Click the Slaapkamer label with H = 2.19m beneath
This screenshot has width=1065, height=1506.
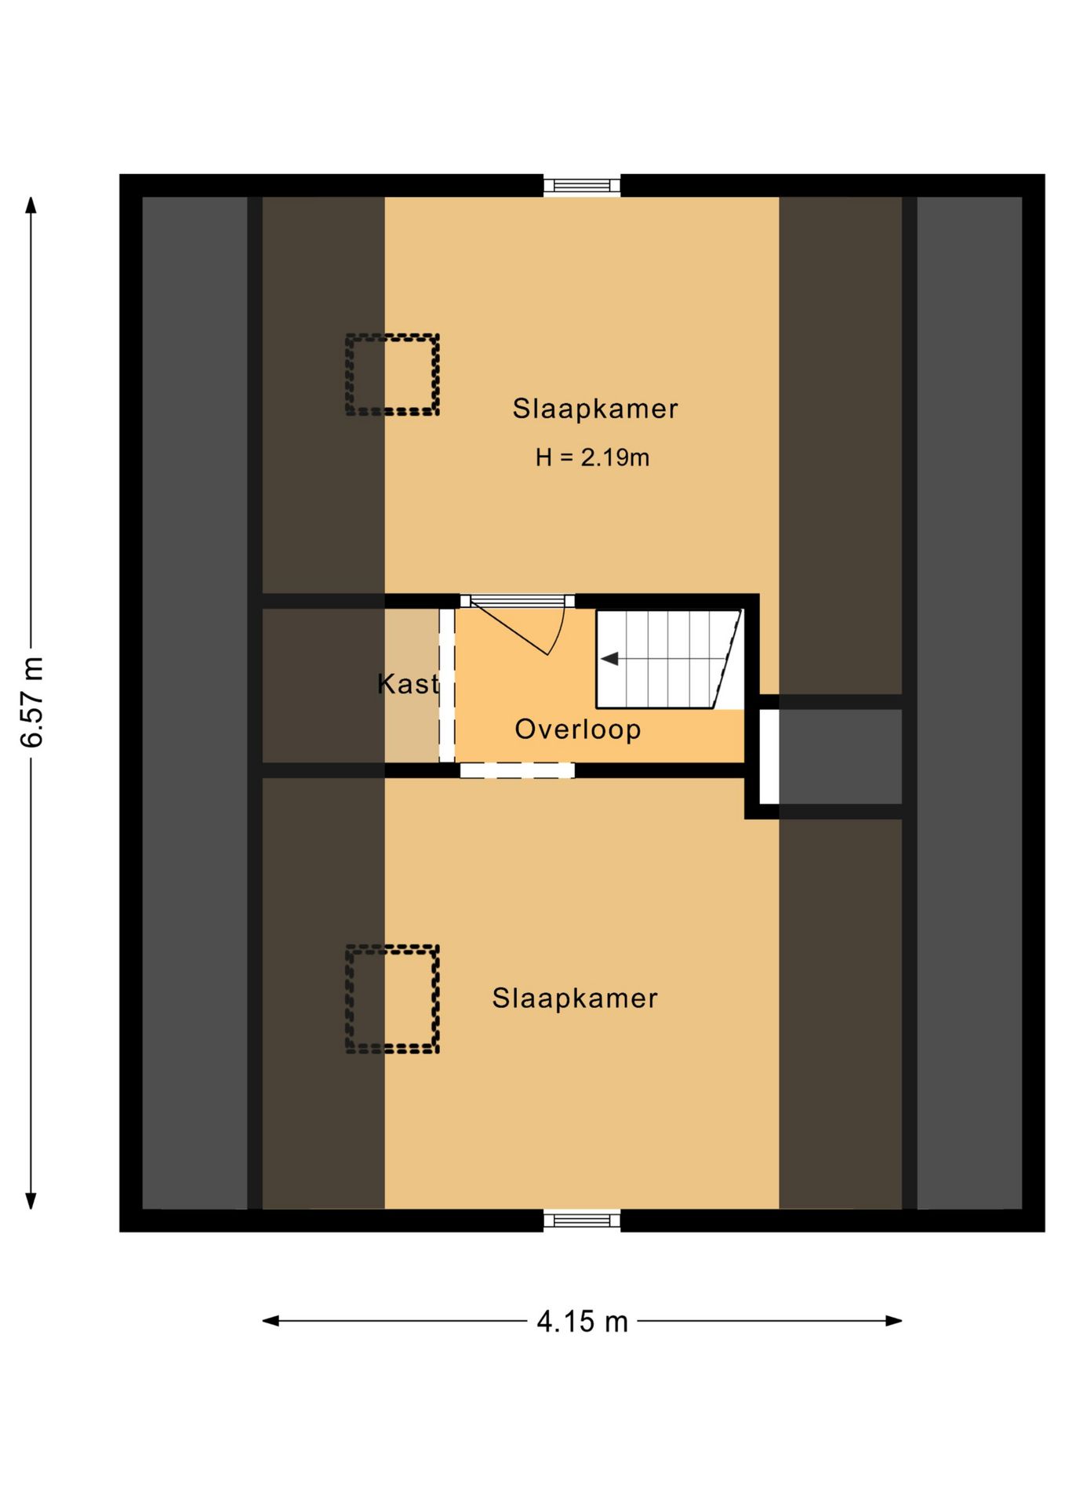click(594, 409)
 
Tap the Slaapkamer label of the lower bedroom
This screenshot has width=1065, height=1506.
click(575, 999)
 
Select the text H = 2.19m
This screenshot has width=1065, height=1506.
click(592, 457)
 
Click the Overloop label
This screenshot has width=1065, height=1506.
click(578, 729)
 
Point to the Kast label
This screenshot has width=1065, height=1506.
click(408, 684)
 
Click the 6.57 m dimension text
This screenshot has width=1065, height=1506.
click(32, 702)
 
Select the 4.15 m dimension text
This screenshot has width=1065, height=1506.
click(582, 1322)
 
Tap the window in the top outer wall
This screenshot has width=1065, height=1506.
click(582, 186)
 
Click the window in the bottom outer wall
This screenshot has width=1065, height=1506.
click(582, 1220)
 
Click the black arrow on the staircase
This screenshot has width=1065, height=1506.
click(609, 659)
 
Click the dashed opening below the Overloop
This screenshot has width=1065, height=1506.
click(517, 770)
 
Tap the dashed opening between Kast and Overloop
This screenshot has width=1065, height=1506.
click(447, 685)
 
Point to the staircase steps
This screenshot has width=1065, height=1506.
click(669, 659)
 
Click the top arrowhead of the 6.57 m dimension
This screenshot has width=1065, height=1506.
click(31, 205)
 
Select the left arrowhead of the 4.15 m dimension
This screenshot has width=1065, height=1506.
click(271, 1321)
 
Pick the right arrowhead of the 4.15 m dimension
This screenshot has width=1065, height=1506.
click(893, 1321)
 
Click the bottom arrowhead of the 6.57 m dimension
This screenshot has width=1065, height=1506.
click(31, 1201)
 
